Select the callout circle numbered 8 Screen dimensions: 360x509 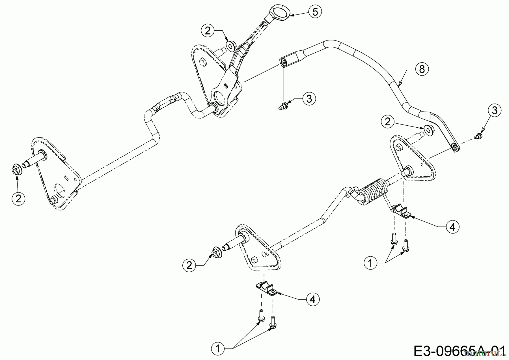[x=422, y=69]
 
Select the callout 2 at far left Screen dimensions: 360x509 [x=19, y=199]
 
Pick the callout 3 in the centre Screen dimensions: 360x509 [x=309, y=99]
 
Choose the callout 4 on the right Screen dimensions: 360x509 [x=452, y=227]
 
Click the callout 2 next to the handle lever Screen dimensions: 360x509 [x=208, y=31]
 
